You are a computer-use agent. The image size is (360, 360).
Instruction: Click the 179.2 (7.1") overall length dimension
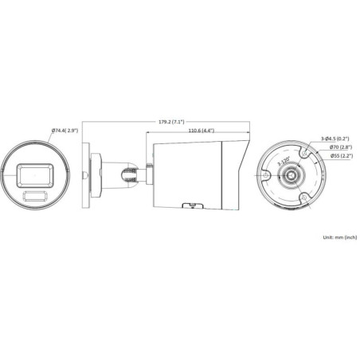[x=170, y=122]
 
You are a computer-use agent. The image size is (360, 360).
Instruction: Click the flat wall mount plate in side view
[x=95, y=173]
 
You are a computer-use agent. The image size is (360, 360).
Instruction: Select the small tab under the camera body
[x=191, y=205]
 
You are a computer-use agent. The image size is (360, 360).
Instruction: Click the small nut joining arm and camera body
[x=146, y=168]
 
